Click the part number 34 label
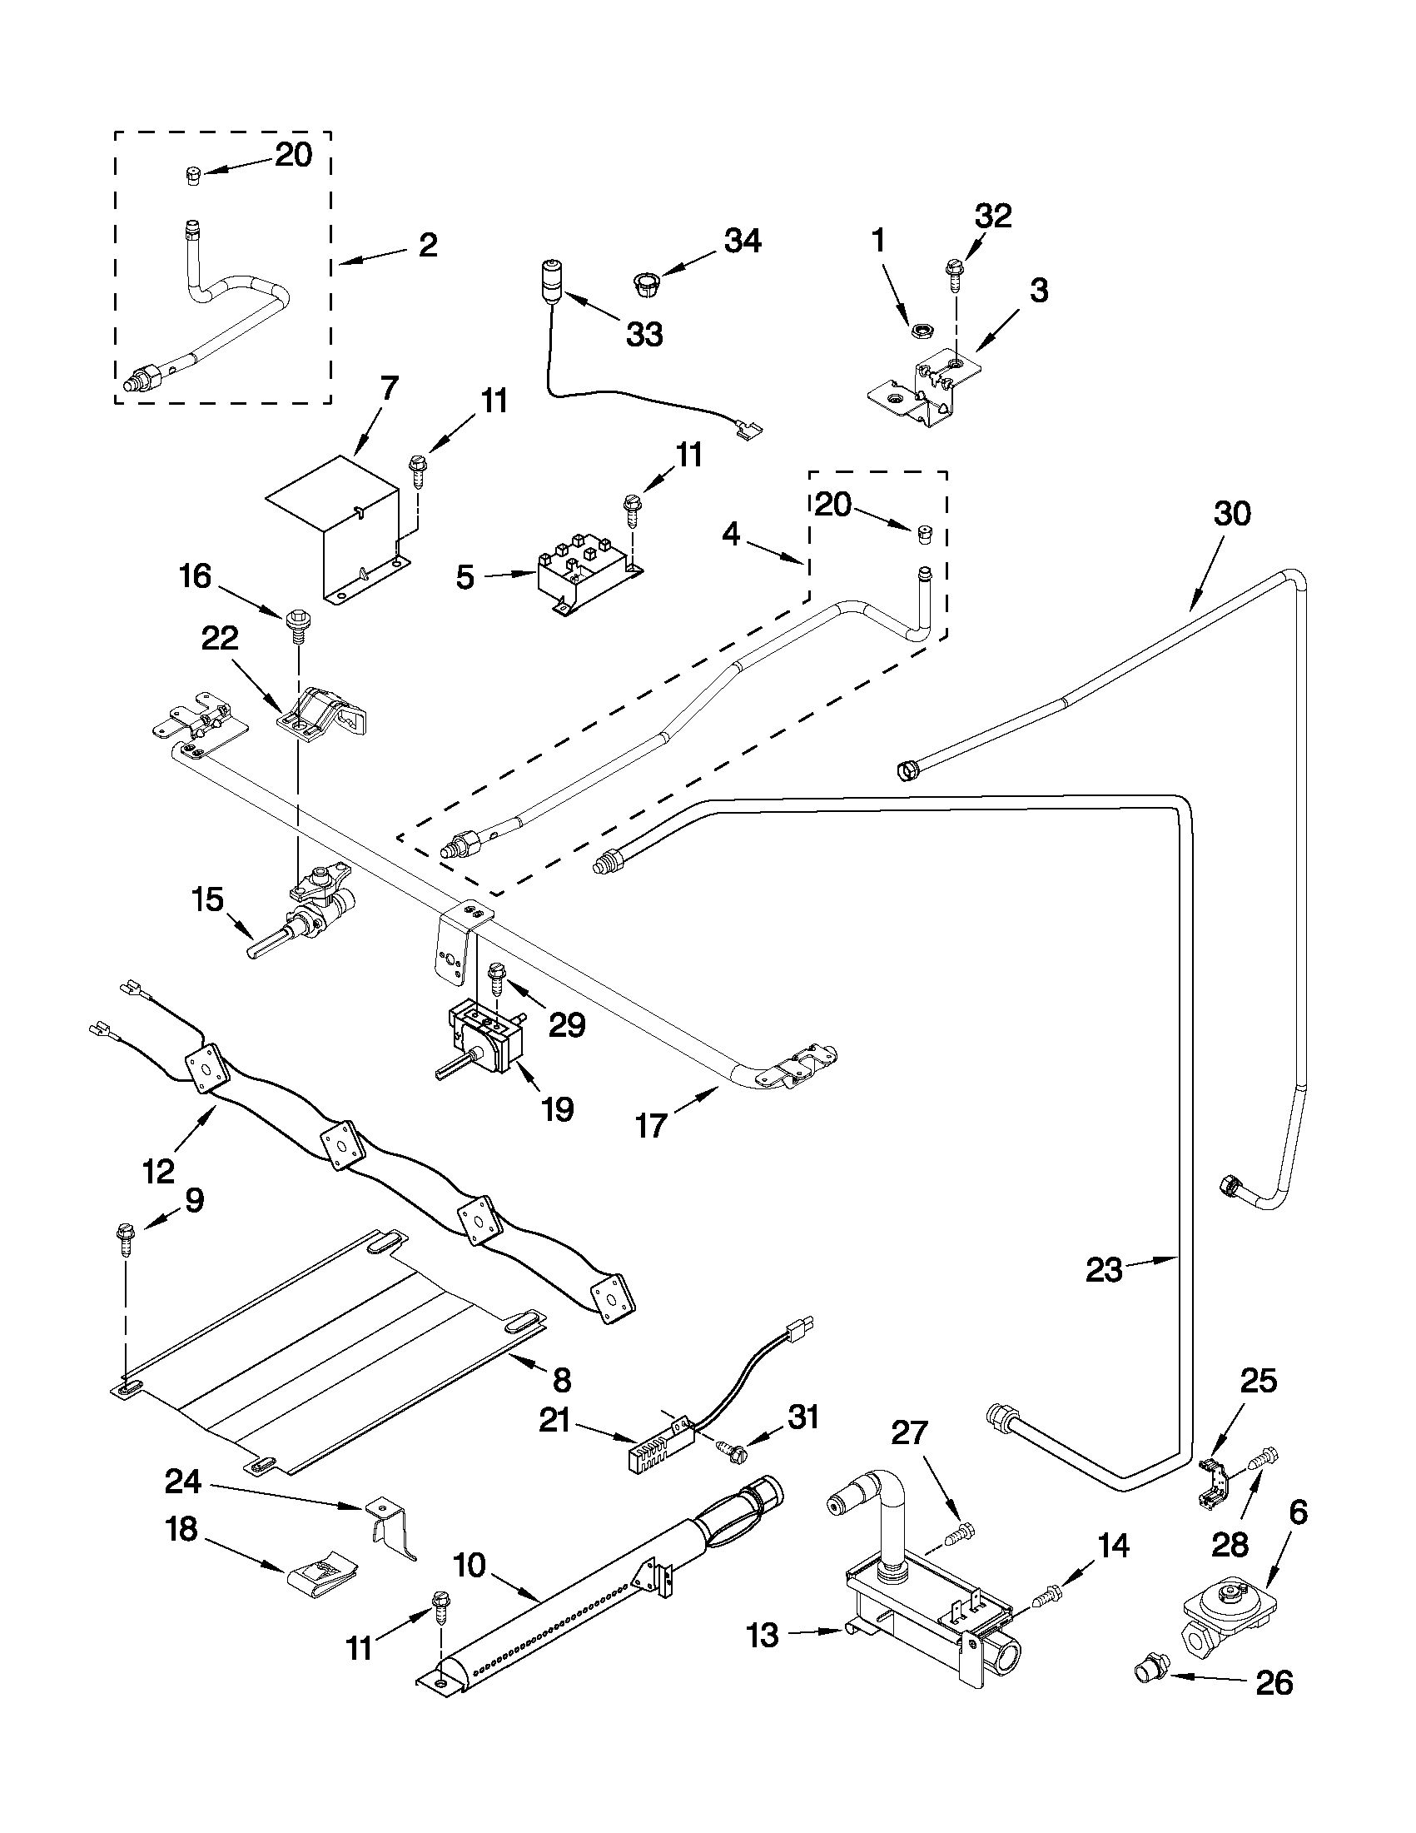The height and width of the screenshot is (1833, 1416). click(743, 242)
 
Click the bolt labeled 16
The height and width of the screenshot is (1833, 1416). click(296, 623)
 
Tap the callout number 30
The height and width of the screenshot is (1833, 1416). click(1232, 514)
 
